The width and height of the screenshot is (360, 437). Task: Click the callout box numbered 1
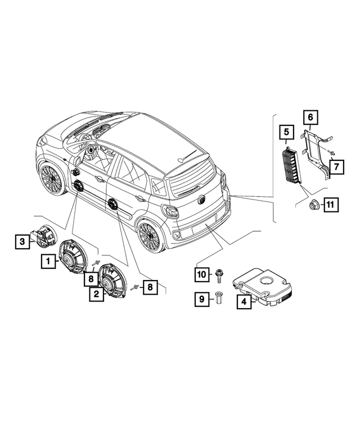point(48,261)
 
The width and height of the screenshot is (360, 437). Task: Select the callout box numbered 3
point(22,242)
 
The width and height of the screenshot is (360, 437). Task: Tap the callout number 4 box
point(244,302)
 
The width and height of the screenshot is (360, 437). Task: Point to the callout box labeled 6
point(309,118)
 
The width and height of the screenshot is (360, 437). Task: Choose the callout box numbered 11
point(330,205)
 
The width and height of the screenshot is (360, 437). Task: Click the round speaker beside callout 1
point(73,257)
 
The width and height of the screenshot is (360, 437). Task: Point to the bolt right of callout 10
point(218,275)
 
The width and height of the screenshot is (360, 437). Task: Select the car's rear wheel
point(148,237)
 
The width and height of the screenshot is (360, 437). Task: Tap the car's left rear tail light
point(170,211)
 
